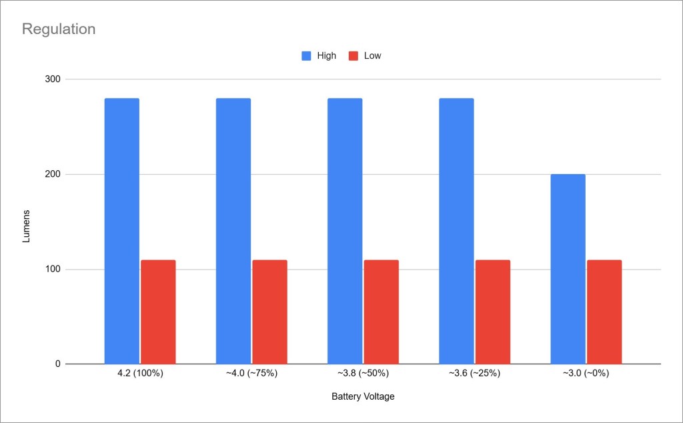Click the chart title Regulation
[59, 29]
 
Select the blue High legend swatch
[307, 56]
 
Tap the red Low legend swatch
[354, 56]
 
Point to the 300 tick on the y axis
[53, 79]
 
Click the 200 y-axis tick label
[53, 175]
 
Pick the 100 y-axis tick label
[53, 270]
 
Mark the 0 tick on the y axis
[58, 364]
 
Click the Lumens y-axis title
[26, 222]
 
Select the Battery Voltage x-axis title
[363, 396]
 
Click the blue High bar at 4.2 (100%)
[122, 231]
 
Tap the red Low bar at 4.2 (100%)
[158, 312]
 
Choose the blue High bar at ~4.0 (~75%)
[233, 231]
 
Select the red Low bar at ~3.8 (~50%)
[381, 312]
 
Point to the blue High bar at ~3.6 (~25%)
[456, 231]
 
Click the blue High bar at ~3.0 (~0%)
[568, 269]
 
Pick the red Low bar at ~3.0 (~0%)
[604, 312]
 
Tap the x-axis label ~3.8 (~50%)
[363, 374]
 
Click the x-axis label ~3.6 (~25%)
[474, 374]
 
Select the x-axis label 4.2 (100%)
[140, 374]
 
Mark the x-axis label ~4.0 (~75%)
[251, 374]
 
